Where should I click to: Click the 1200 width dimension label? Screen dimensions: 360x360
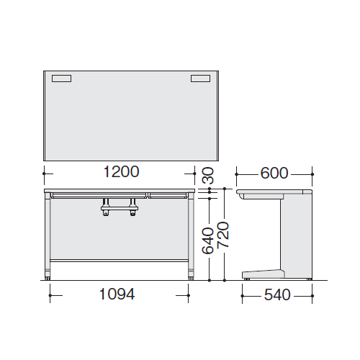[121, 171]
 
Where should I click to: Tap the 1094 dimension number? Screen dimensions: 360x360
[117, 294]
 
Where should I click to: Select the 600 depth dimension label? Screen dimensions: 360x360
[274, 173]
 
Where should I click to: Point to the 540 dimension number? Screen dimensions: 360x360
[277, 294]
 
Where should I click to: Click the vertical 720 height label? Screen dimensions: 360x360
[223, 235]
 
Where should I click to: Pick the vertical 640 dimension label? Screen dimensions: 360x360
[207, 240]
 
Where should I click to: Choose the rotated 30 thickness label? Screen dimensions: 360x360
[207, 176]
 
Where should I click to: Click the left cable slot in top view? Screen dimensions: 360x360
[61, 78]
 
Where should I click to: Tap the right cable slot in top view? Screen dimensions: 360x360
[201, 78]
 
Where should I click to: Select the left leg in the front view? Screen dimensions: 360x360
[48, 236]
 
